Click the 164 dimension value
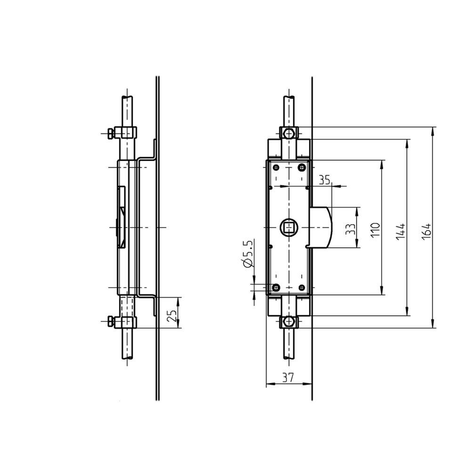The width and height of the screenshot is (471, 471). [427, 227]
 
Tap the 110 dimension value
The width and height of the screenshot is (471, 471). [375, 228]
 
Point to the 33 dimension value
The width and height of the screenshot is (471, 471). [350, 228]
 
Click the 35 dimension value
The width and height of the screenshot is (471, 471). [325, 179]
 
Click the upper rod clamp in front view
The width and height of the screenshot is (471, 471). [288, 133]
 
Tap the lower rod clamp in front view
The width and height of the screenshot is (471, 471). [288, 322]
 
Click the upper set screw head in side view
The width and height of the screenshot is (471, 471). [110, 133]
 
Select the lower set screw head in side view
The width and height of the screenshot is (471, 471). [110, 322]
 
